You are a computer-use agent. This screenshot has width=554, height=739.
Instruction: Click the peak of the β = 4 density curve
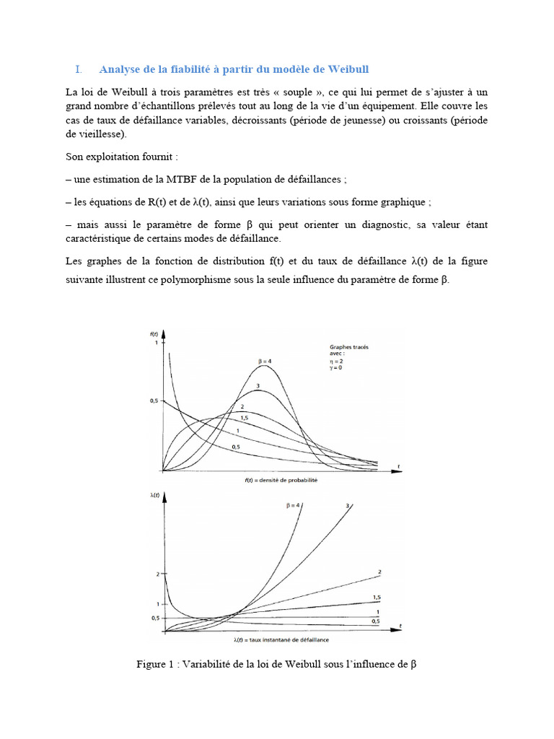click(265, 365)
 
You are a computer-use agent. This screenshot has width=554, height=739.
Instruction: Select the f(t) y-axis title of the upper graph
click(154, 334)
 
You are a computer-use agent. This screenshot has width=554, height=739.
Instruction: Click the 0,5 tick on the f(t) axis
click(153, 400)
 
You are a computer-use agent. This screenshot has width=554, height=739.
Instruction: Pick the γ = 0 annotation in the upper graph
click(337, 368)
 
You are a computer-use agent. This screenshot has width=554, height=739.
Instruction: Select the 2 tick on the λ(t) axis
click(154, 574)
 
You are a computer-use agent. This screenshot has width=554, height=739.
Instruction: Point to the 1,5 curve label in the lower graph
click(377, 598)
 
